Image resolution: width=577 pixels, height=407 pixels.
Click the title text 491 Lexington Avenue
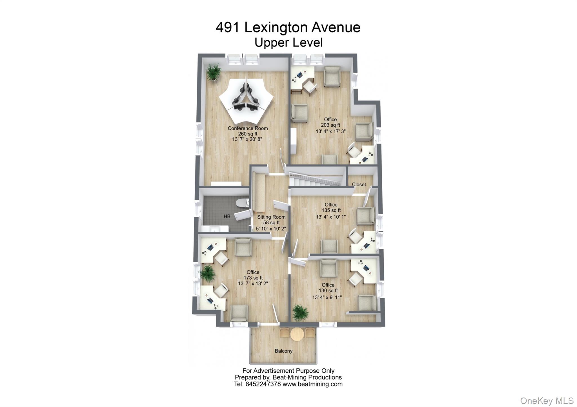(288, 28)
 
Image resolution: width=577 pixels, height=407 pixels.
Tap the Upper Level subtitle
(288, 43)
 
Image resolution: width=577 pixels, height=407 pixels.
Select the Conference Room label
(248, 128)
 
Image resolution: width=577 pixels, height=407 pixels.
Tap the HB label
(227, 216)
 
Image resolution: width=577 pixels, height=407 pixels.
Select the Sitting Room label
(271, 217)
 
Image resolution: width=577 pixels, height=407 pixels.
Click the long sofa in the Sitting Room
(258, 193)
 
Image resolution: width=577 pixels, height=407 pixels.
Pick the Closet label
(359, 185)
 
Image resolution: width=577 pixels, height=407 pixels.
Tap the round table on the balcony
(297, 334)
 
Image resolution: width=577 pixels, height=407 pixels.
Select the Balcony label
(283, 351)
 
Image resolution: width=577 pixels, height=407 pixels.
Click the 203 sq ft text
(330, 125)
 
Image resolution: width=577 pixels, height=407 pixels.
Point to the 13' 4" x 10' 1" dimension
(330, 217)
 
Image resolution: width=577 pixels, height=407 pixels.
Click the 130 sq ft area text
(328, 291)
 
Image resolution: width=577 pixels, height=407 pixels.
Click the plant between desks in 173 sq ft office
(208, 273)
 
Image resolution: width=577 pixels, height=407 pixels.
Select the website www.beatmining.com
(312, 384)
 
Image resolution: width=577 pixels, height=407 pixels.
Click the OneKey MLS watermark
(547, 401)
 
